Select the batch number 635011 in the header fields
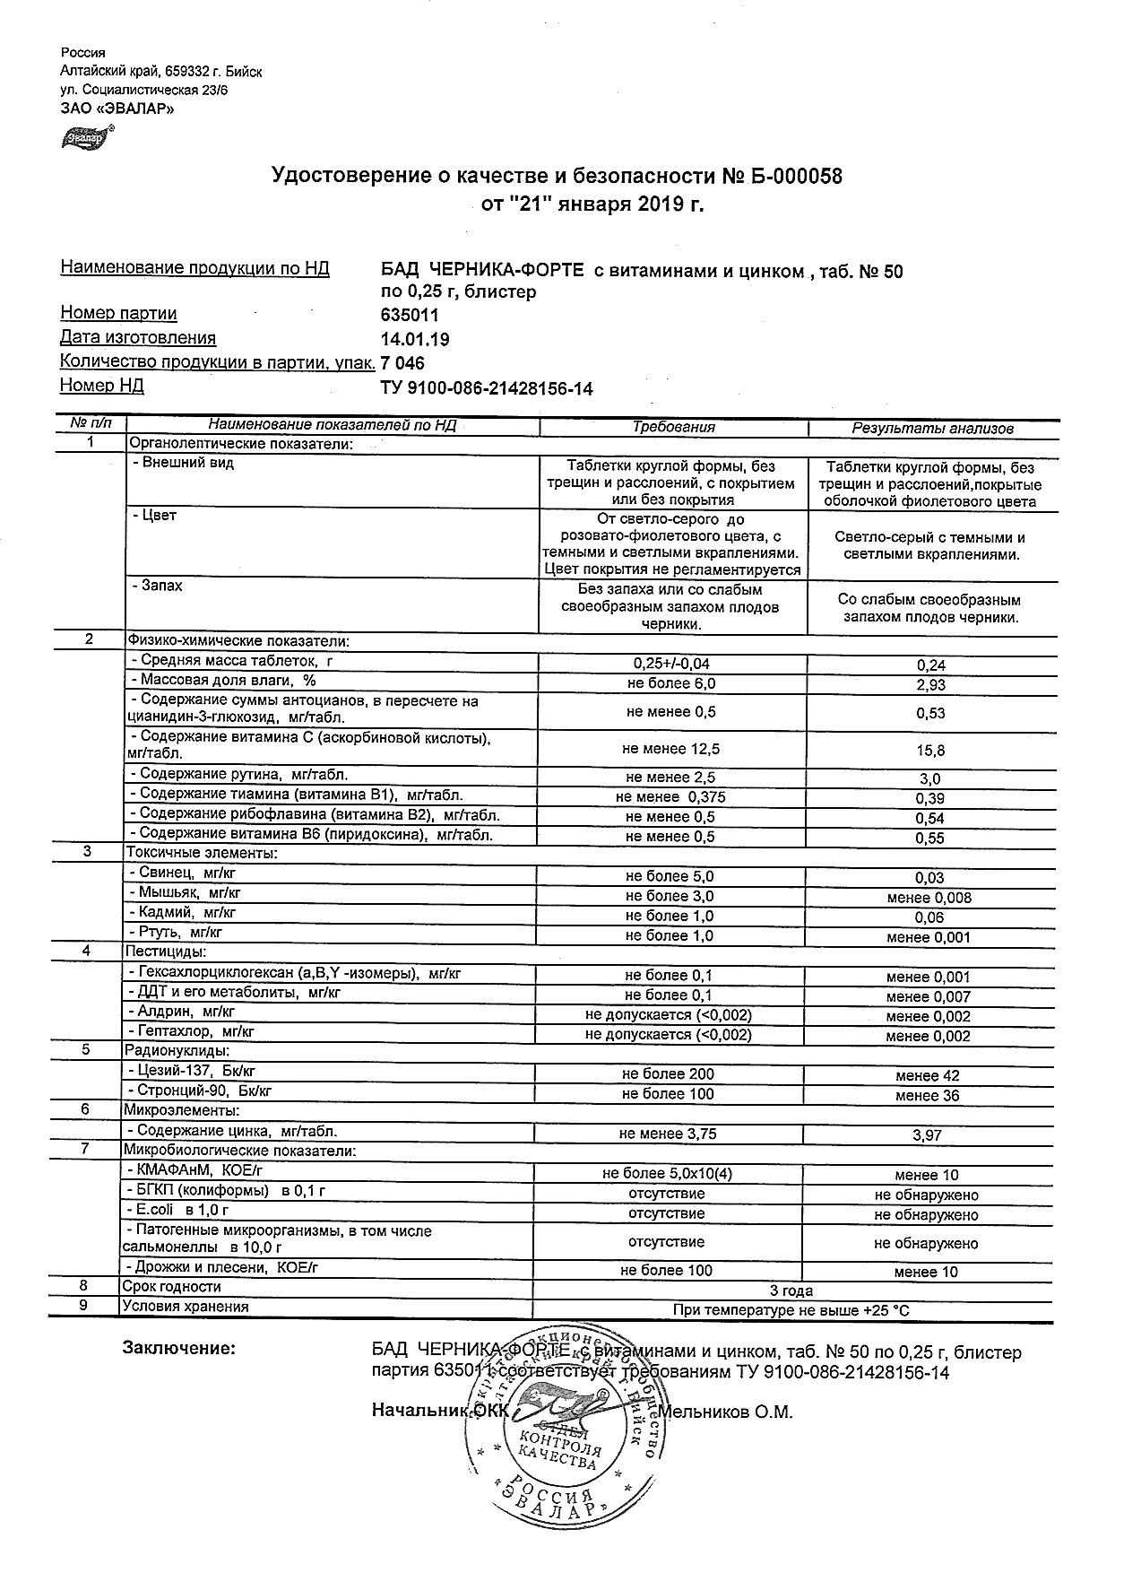tap(411, 316)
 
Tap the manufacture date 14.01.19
tap(415, 340)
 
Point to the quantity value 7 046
tap(402, 364)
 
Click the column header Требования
tap(673, 428)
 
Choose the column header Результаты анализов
tap(932, 429)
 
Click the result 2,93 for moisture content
tap(930, 685)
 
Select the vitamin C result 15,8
tap(930, 750)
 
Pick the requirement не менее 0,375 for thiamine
tap(670, 797)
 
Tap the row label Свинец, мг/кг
tap(183, 873)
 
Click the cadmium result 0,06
tap(930, 917)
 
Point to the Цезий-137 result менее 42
tap(928, 1075)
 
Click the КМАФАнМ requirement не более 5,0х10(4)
tap(668, 1174)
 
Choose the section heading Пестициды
tap(165, 952)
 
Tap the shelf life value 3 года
tap(791, 1291)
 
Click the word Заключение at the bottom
tap(180, 1349)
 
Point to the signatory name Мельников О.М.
tap(725, 1412)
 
